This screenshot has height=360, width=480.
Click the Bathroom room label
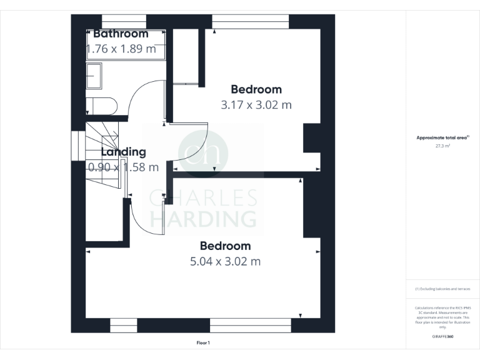121,34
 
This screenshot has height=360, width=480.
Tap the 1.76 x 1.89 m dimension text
121,49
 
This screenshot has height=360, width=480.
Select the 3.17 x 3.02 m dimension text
256,105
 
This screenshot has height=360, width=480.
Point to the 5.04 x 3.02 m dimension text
225,261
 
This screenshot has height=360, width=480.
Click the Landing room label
123,152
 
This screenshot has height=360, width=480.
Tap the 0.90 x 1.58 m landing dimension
123,167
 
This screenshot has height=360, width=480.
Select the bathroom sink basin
97,76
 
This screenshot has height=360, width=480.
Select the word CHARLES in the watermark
203,198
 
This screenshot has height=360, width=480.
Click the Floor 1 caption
203,342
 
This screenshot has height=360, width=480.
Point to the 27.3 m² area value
442,146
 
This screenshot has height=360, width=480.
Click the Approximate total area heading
442,137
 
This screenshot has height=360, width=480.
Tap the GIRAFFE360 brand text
442,337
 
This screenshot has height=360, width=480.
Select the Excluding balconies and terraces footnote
442,289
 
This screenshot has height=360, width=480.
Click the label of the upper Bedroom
256,89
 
